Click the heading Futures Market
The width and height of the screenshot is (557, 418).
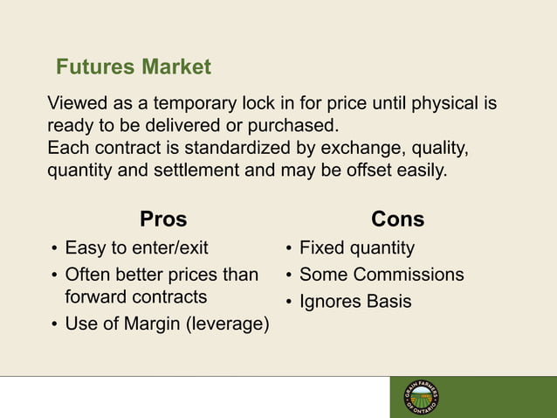pos(133,66)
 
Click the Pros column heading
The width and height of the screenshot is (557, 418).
pos(163,219)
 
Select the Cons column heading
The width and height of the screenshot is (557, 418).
pos(397,219)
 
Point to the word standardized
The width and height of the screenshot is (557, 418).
pos(225,146)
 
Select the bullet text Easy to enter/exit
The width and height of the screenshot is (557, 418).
pos(137,248)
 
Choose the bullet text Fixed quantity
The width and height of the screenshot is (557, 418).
pos(356,248)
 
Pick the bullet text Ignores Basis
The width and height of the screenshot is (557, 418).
pos(354,302)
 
